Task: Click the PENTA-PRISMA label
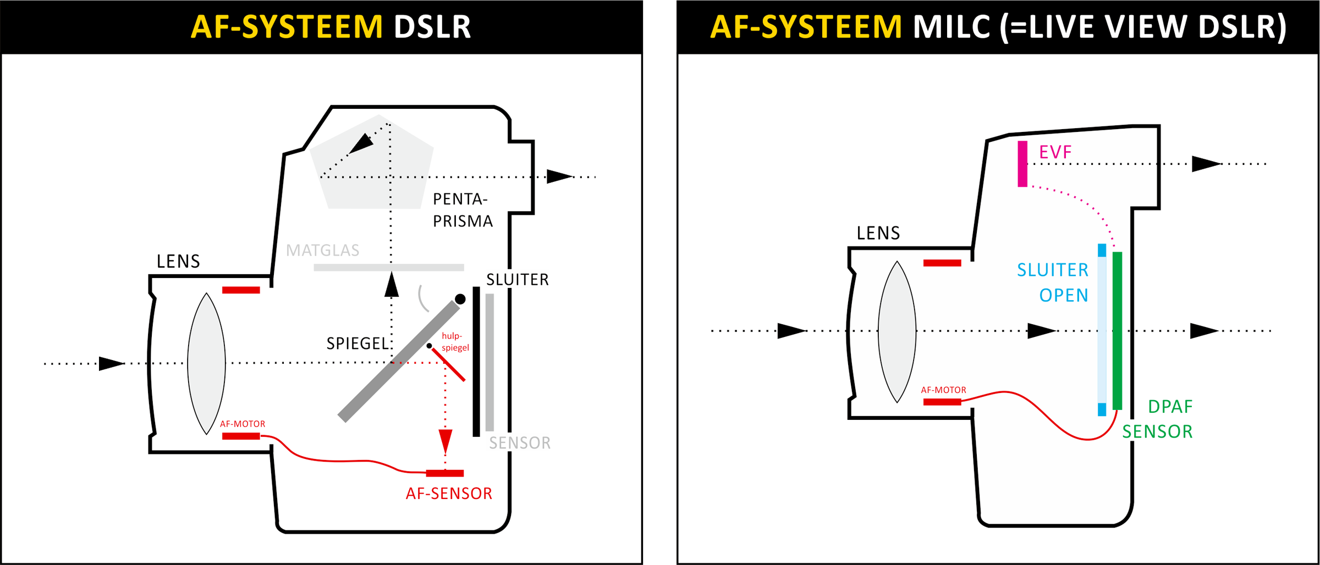tap(462, 210)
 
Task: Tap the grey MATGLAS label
tap(323, 251)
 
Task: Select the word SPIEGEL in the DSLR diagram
tap(358, 344)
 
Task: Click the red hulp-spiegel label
tap(455, 342)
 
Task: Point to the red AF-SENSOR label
tap(449, 494)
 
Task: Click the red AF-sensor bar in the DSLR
tap(444, 473)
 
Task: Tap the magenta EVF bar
tap(1022, 164)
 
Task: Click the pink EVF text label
tap(1055, 152)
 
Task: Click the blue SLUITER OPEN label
tap(1053, 282)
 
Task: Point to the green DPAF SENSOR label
tap(1158, 419)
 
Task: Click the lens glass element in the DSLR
tap(206, 363)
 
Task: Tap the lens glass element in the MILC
tap(897, 331)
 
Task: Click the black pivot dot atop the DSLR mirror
tap(460, 299)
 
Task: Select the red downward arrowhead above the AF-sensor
tap(446, 441)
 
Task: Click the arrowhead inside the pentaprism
tap(361, 143)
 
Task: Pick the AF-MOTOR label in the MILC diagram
tap(943, 390)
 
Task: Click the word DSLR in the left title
tap(432, 26)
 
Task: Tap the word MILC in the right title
tap(952, 26)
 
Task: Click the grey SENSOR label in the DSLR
tap(520, 443)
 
